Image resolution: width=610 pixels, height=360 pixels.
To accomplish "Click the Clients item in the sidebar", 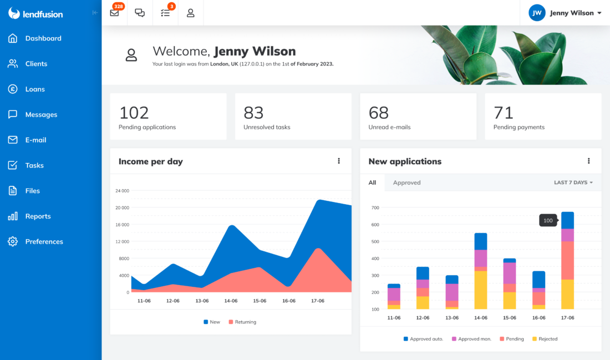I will (35, 64).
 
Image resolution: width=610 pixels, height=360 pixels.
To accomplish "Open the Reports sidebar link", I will (37, 216).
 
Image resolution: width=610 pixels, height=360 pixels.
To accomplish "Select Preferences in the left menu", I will (43, 242).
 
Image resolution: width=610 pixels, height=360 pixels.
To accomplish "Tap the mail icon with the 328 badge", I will (115, 13).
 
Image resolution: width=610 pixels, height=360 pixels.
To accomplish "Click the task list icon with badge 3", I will (165, 13).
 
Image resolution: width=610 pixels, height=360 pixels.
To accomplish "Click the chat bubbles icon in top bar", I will (140, 13).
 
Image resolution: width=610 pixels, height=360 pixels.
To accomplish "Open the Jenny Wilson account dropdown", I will (575, 13).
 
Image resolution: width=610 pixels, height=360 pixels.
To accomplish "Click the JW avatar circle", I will (537, 13).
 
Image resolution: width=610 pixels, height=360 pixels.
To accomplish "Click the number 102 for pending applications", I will (134, 113).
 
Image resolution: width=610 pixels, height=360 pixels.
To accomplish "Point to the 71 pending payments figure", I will (504, 113).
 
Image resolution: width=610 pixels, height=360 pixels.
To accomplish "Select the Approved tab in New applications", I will (406, 182).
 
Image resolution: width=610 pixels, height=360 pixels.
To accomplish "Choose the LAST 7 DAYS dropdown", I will (573, 182).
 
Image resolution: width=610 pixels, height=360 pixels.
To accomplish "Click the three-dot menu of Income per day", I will (339, 161).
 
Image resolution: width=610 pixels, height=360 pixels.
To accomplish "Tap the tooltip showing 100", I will (548, 220).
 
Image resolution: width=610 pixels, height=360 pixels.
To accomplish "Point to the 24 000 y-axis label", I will (122, 191).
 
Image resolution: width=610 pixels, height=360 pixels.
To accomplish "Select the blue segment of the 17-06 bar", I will (567, 220).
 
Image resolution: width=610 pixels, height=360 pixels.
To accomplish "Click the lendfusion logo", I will (35, 13).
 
